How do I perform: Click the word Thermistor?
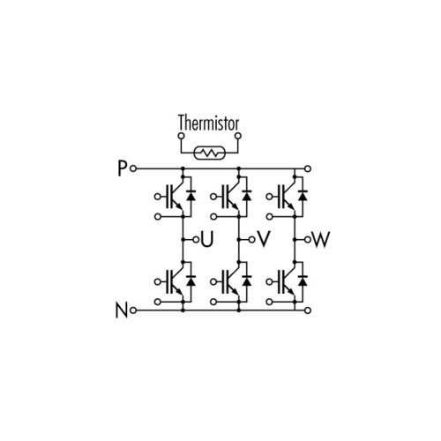click(x=208, y=123)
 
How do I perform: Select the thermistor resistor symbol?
click(x=210, y=153)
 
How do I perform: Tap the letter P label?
click(x=122, y=168)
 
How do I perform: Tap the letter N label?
click(x=122, y=310)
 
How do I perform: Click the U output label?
click(x=207, y=240)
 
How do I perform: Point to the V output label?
click(x=264, y=240)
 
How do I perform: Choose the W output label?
click(x=321, y=240)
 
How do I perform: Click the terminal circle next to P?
click(x=133, y=168)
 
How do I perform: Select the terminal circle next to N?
click(x=133, y=310)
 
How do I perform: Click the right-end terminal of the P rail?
click(x=308, y=168)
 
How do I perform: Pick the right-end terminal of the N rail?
click(x=308, y=310)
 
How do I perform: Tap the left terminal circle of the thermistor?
click(x=182, y=136)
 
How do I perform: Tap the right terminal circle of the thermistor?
click(x=238, y=136)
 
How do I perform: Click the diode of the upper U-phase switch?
click(x=191, y=196)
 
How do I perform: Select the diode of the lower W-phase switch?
click(x=303, y=280)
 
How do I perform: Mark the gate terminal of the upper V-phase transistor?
click(x=213, y=197)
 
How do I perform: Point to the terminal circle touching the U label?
click(x=196, y=240)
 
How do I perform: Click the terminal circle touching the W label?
click(x=308, y=240)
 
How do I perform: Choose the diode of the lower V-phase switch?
click(x=247, y=280)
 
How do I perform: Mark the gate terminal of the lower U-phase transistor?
click(x=158, y=282)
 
